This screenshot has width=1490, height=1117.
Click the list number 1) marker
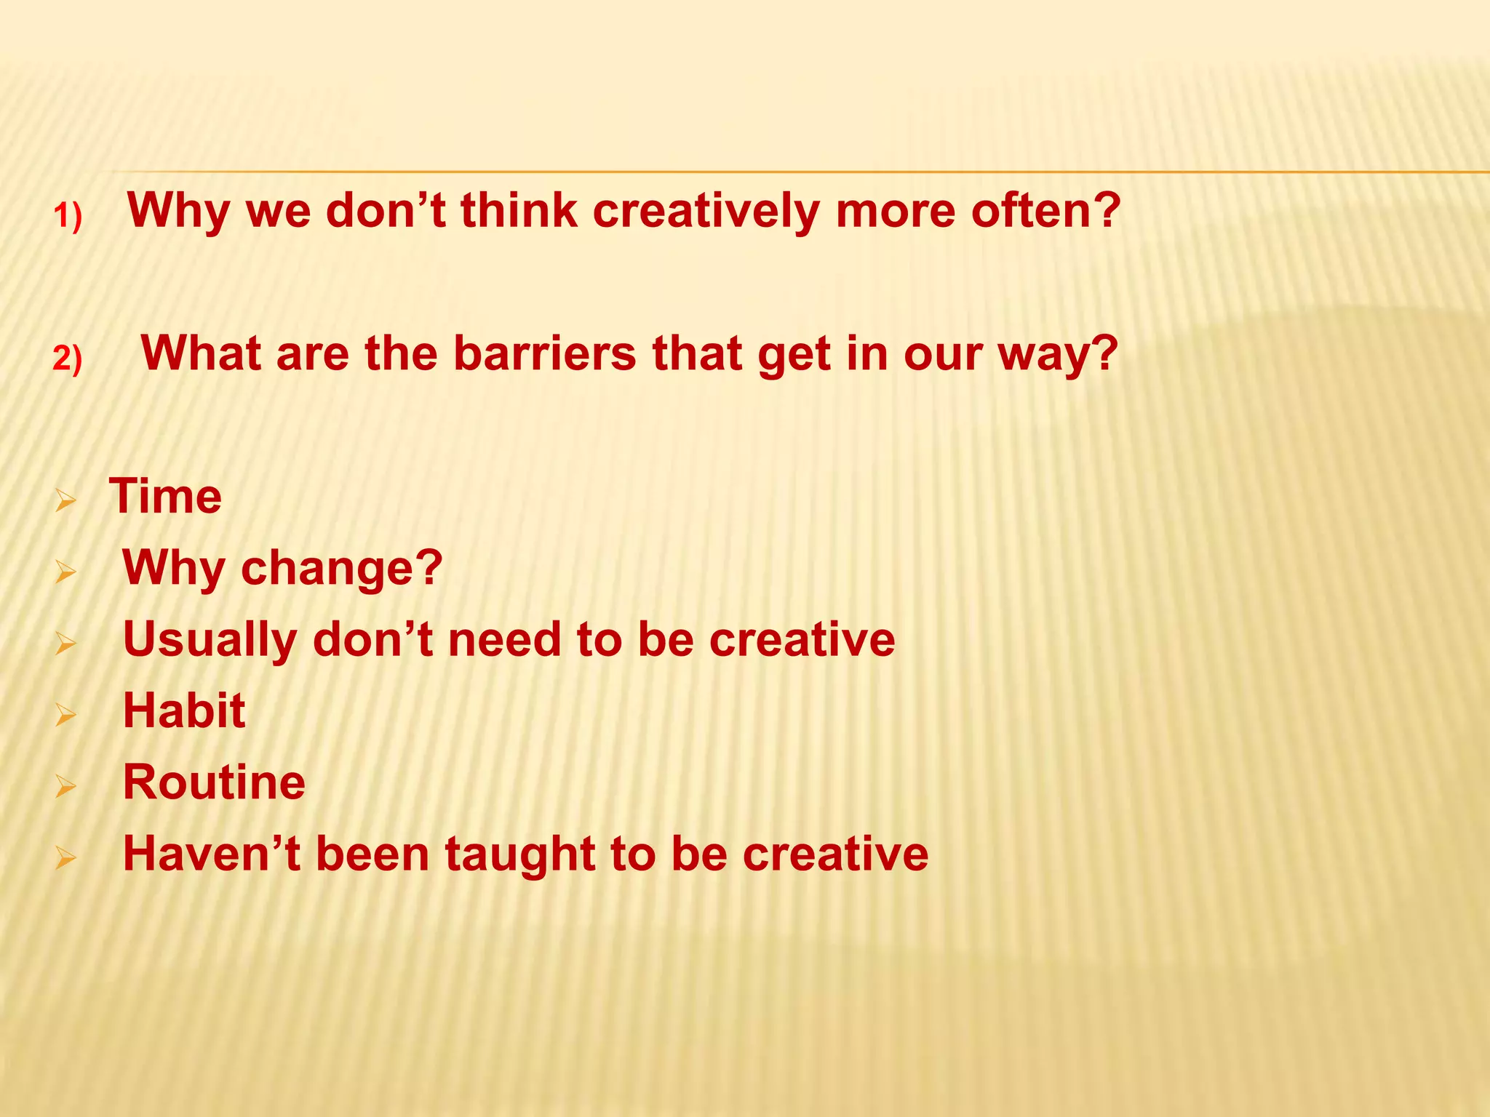click(x=68, y=217)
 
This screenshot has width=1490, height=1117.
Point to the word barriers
click(x=545, y=353)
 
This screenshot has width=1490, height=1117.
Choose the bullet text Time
click(x=166, y=497)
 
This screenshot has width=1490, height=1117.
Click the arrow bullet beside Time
click(x=65, y=500)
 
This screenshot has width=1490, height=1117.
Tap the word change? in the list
click(x=341, y=567)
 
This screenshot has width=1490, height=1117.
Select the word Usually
click(x=210, y=640)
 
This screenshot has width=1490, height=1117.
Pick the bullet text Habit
click(x=184, y=710)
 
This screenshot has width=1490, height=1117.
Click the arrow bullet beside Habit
click(x=65, y=716)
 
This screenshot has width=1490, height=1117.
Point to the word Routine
click(x=214, y=782)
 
